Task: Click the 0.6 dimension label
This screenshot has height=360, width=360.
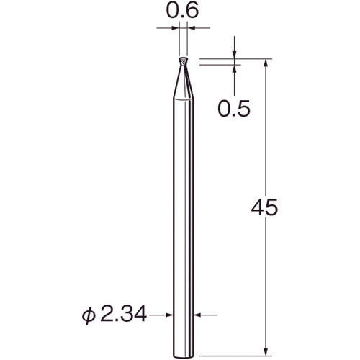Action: (x=182, y=11)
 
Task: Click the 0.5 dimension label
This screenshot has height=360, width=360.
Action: (x=234, y=109)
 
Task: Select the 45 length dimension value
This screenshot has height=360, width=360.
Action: (x=264, y=207)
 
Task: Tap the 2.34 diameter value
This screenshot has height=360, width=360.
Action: (x=123, y=315)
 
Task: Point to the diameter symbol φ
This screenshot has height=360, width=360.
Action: (x=89, y=316)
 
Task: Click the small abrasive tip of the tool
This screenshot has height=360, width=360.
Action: (x=183, y=61)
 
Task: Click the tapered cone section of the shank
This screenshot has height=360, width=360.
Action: (x=183, y=81)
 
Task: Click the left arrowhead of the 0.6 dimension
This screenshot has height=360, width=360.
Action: (x=175, y=28)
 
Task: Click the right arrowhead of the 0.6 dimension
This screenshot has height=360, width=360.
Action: (x=191, y=28)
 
